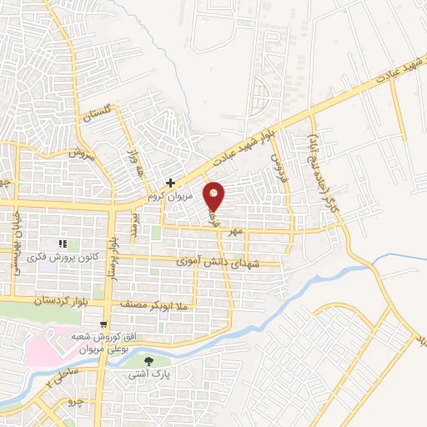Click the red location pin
(x=214, y=197)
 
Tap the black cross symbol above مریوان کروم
(x=170, y=183)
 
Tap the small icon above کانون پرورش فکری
(x=63, y=244)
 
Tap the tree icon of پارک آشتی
(x=148, y=362)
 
